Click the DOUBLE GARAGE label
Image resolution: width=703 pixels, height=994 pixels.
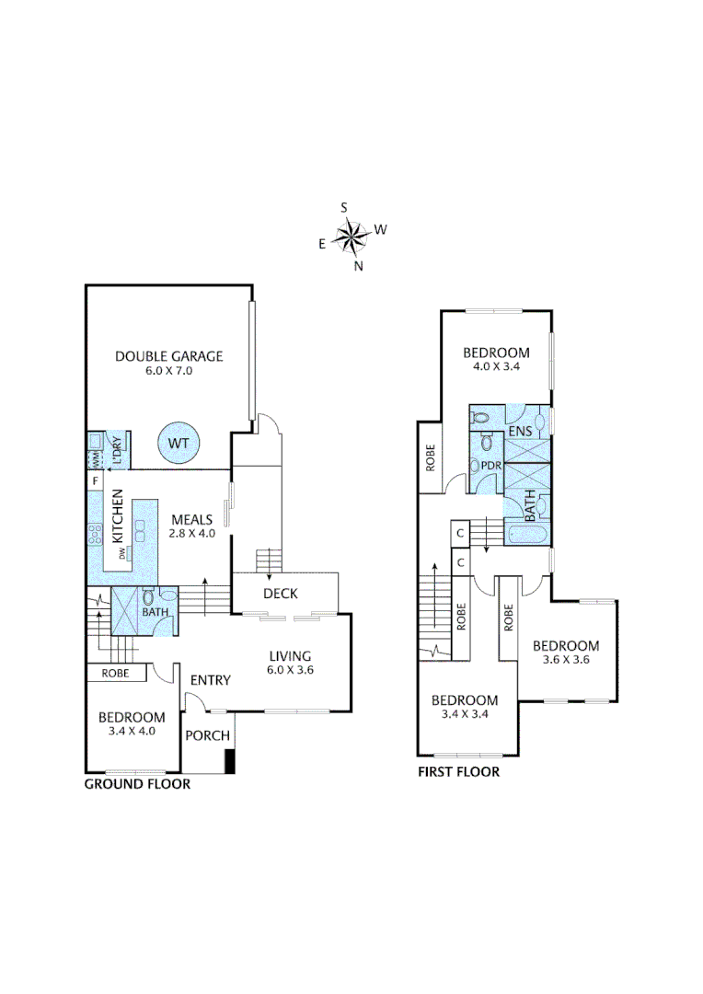tap(169, 357)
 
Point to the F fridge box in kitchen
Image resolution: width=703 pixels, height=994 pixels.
tap(94, 480)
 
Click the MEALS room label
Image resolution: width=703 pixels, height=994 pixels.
tap(191, 518)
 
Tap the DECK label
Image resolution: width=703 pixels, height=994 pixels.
tap(281, 594)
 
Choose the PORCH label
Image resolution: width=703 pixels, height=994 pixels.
tap(208, 735)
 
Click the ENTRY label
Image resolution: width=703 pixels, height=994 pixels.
tap(210, 680)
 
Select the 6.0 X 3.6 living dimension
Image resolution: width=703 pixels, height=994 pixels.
tap(292, 670)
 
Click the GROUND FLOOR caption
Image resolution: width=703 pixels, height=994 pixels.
tap(137, 784)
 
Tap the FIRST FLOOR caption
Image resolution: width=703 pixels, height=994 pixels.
tap(459, 771)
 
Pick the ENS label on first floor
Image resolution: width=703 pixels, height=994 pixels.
tap(520, 431)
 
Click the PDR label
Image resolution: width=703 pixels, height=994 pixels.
tap(490, 466)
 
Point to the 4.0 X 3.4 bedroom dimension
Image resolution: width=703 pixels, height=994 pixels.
tap(496, 366)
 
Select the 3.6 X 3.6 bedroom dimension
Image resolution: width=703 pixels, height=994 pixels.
tap(566, 659)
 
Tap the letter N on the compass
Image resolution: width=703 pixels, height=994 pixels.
tap(360, 267)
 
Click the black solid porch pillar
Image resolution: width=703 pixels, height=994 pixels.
tap(231, 761)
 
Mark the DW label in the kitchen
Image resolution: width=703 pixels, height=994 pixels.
tap(121, 552)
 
